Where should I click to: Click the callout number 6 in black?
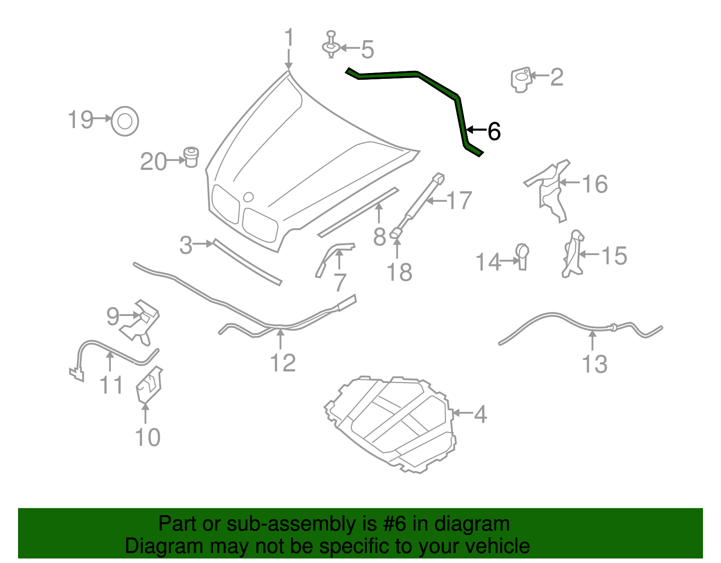(x=494, y=132)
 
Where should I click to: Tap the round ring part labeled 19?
(x=125, y=121)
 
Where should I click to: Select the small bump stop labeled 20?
(x=191, y=157)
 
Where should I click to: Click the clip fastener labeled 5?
(x=331, y=46)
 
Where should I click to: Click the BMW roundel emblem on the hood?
(x=248, y=197)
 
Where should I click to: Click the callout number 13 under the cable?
(x=594, y=364)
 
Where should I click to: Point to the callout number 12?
(x=283, y=363)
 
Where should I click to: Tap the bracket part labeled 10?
(x=149, y=386)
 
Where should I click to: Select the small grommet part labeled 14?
(x=522, y=256)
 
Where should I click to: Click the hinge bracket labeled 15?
(x=573, y=254)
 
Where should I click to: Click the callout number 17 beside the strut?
(x=459, y=200)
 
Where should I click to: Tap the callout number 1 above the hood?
(x=289, y=38)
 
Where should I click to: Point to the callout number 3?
(x=186, y=245)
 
